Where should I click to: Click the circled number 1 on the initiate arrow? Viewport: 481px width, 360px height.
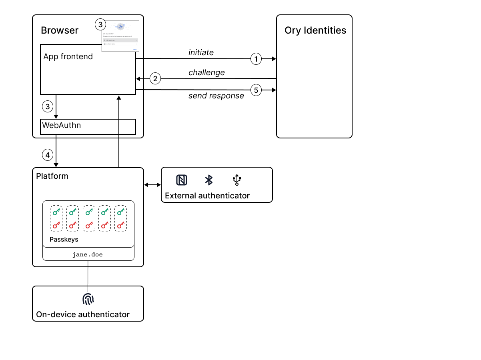(256, 59)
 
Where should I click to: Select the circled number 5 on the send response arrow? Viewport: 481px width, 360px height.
(256, 90)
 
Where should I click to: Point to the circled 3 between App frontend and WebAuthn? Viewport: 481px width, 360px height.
(48, 106)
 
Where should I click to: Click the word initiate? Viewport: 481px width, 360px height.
(201, 52)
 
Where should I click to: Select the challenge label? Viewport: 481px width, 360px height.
(206, 72)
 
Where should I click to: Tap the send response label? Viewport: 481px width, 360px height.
(216, 96)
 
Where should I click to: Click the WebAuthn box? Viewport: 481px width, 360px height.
(88, 126)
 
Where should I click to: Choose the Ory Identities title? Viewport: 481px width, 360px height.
(315, 30)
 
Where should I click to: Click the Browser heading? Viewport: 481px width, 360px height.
(60, 30)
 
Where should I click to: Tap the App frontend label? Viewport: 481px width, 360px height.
(68, 56)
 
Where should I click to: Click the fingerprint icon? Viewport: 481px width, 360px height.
(88, 299)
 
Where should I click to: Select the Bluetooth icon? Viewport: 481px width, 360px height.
(208, 180)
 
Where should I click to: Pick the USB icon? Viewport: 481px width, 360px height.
(237, 180)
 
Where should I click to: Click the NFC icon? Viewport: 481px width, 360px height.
(182, 180)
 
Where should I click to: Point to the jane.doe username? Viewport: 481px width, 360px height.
(87, 254)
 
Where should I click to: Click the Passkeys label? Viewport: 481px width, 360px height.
(64, 239)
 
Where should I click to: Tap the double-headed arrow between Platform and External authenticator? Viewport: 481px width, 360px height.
(152, 185)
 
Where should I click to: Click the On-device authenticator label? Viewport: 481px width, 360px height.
(83, 314)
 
